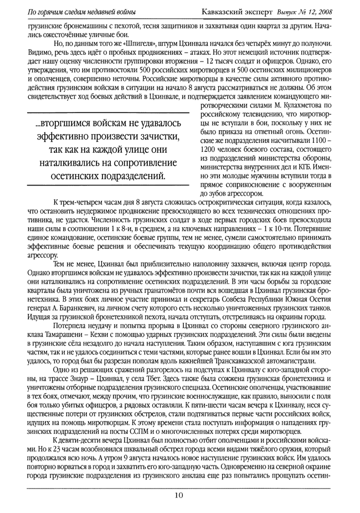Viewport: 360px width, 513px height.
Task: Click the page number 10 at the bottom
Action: [x=179, y=495]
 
